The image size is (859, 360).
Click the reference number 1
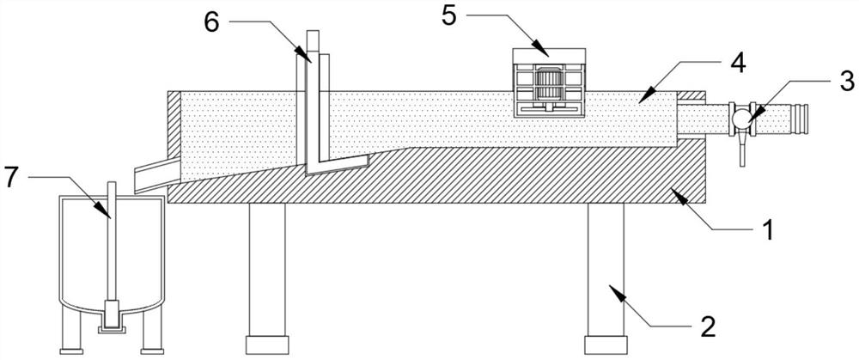(771, 229)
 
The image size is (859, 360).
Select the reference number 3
(846, 82)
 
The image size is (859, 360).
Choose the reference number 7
(11, 177)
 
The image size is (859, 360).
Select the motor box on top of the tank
(549, 82)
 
